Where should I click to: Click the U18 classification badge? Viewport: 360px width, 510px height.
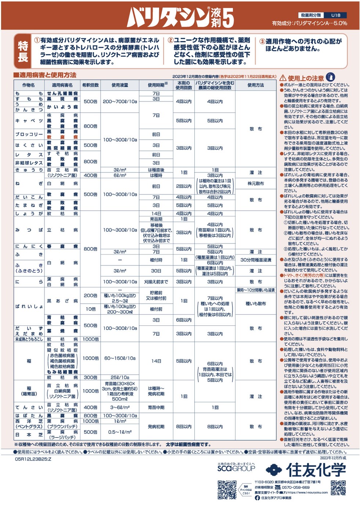click(x=336, y=15)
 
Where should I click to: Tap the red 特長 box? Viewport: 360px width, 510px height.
click(x=23, y=51)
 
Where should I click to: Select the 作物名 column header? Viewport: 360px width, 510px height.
click(x=28, y=85)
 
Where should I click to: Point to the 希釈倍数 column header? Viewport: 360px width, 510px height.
click(x=90, y=85)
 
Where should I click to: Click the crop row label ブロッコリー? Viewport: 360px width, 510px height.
click(x=29, y=135)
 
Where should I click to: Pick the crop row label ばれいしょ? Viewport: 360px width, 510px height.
click(x=29, y=306)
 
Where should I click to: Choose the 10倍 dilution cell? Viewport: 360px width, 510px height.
click(x=91, y=309)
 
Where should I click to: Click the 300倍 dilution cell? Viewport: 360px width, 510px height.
click(x=91, y=377)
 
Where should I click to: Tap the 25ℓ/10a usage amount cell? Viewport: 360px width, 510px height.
click(x=120, y=377)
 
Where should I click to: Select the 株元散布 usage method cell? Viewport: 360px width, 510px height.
click(x=256, y=183)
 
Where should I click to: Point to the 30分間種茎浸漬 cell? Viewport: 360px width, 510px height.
click(x=256, y=260)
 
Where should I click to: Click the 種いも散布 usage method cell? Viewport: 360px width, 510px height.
click(x=256, y=304)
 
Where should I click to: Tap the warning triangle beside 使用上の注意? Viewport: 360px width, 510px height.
click(x=283, y=78)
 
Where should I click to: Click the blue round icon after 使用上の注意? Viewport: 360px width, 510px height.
click(x=331, y=77)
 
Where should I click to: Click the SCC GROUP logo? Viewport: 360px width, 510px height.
click(x=236, y=468)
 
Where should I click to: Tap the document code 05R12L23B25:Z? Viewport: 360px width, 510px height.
click(x=33, y=459)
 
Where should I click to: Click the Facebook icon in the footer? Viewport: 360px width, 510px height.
click(x=257, y=498)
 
